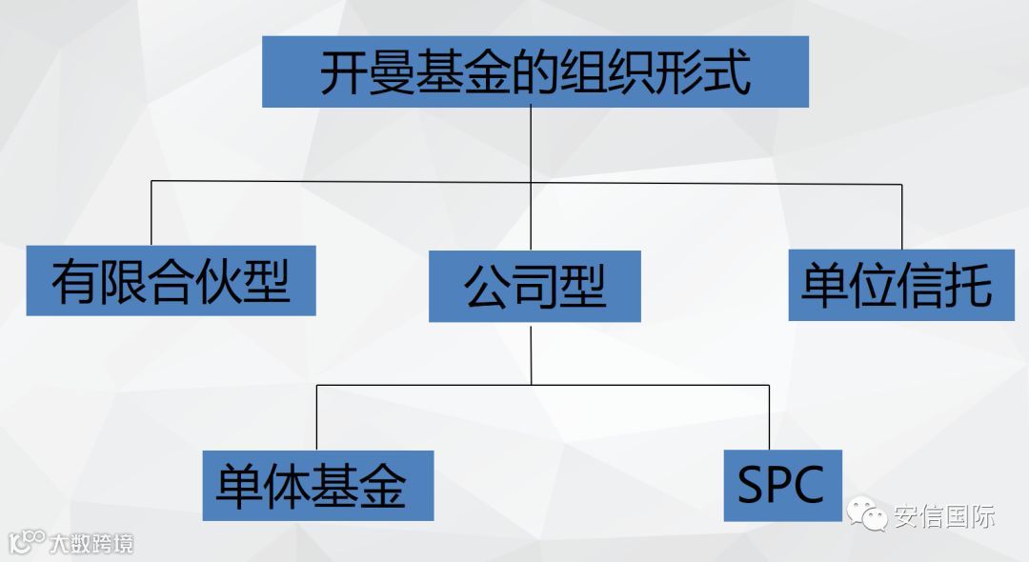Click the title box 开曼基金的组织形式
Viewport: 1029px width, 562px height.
(535, 71)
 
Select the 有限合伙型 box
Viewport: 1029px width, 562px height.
(171, 280)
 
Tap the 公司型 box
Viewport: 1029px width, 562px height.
(535, 286)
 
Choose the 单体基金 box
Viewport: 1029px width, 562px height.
(318, 486)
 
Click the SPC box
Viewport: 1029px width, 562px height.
(782, 486)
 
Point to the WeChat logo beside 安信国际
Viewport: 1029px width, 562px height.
(866, 515)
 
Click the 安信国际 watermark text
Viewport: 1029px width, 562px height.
(944, 517)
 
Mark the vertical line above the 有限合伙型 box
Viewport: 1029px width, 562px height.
(151, 213)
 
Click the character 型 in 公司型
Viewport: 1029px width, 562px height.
(583, 286)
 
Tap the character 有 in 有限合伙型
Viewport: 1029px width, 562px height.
(75, 281)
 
